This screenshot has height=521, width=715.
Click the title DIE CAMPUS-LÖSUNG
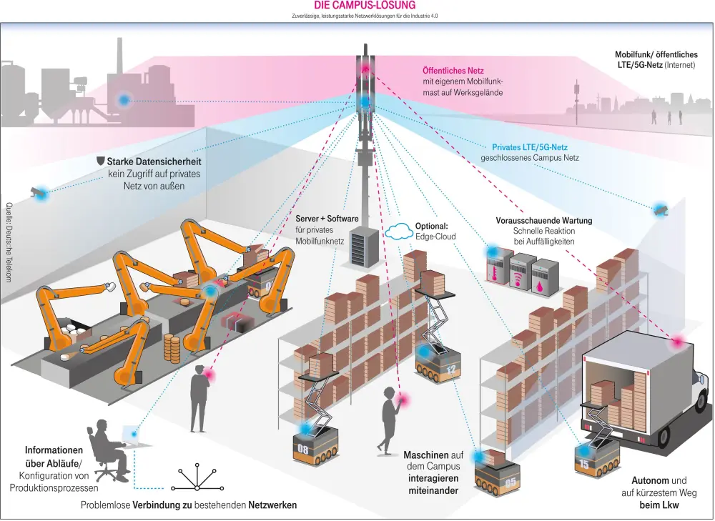[365, 5]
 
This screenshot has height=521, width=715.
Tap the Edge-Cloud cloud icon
[399, 231]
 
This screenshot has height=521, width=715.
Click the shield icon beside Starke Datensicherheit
[101, 162]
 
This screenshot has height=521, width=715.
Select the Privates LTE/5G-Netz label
[530, 147]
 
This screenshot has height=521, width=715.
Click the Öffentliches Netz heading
[453, 71]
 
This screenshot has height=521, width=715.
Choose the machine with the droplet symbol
[545, 274]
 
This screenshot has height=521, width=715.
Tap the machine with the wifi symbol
[521, 272]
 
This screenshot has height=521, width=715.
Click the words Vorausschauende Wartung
[544, 220]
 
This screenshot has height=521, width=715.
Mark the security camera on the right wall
[659, 209]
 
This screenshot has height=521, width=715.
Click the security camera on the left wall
[36, 192]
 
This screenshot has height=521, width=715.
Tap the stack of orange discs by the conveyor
[172, 348]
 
